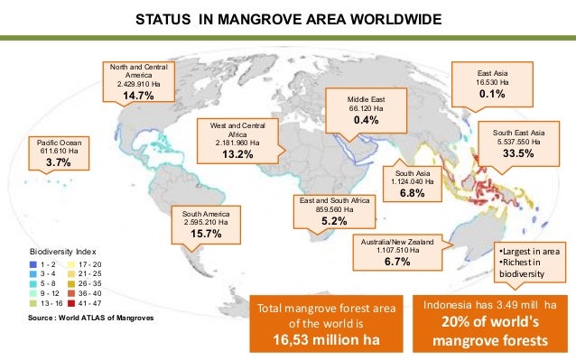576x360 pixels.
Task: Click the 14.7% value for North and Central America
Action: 138,95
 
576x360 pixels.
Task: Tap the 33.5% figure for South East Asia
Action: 518,154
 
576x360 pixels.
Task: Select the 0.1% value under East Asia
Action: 492,94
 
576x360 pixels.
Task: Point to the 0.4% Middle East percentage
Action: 366,120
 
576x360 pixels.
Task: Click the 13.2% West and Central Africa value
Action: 237,155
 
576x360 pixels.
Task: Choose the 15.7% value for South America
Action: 202,234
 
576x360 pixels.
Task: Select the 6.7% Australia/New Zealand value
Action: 398,262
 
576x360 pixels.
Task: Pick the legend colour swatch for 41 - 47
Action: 77,305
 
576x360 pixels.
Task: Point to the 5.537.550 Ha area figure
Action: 518,141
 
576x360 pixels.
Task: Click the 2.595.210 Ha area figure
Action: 202,221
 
